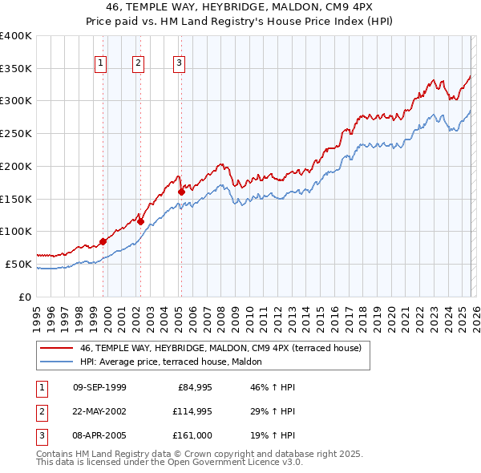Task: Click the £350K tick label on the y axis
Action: pyautogui.click(x=16, y=69)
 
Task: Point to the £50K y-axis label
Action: pyautogui.click(x=18, y=264)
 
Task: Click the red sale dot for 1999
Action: pyautogui.click(x=103, y=241)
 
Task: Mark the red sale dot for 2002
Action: pyautogui.click(x=140, y=221)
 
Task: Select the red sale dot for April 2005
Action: pyautogui.click(x=181, y=192)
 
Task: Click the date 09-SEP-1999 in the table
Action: pyautogui.click(x=99, y=387)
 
